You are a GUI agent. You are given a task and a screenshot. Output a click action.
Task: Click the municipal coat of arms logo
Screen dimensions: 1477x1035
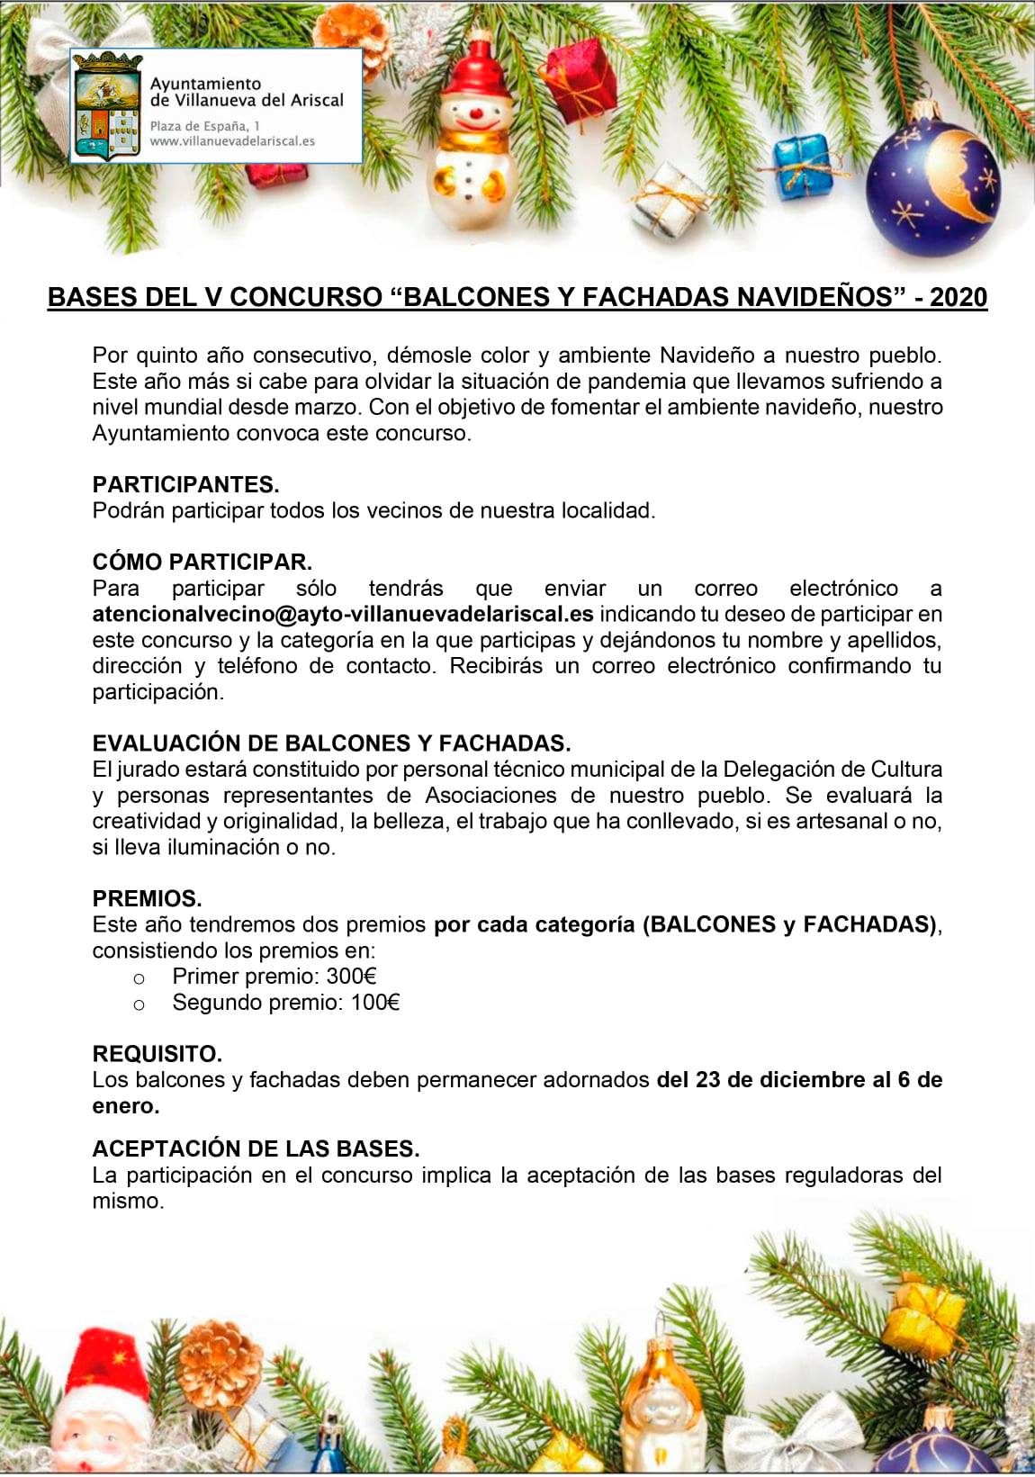coord(107,106)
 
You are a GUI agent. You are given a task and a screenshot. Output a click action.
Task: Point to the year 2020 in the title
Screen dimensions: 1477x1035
coord(958,297)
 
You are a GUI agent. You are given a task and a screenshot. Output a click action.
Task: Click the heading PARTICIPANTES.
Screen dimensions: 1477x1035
coord(185,484)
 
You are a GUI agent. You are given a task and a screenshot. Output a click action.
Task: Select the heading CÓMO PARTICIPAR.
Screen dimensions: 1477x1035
coord(202,562)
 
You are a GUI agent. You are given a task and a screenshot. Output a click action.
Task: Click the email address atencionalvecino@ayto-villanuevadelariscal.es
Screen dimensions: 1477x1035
coord(342,614)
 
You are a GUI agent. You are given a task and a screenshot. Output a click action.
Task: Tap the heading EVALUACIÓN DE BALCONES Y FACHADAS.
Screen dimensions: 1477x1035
coord(331,743)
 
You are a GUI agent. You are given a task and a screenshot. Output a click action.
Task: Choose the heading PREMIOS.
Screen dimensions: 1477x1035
coord(147,898)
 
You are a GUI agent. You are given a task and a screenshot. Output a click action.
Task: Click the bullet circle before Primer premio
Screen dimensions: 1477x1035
coord(139,978)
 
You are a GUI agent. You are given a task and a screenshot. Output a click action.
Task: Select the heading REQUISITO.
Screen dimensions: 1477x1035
coord(157,1054)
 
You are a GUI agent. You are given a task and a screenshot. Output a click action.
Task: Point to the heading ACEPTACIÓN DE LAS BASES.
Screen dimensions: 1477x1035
coord(256,1148)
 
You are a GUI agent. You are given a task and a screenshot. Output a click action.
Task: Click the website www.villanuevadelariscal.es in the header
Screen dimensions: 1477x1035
coord(232,141)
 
